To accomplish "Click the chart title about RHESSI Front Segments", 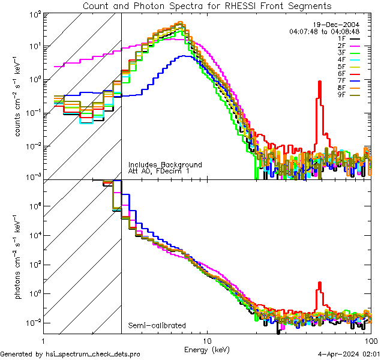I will (206, 5).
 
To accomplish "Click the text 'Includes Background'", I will (165, 164).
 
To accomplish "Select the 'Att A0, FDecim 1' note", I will (158, 172).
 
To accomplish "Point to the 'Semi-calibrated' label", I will (157, 326).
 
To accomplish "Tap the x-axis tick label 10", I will (207, 340).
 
